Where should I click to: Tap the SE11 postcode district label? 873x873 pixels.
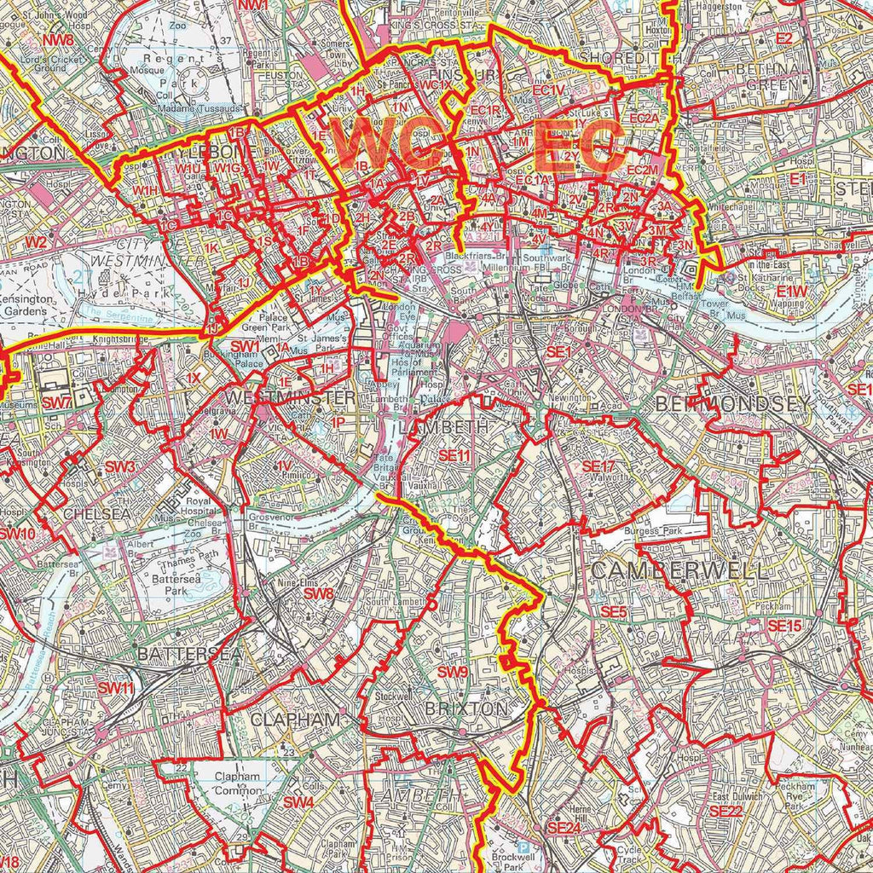pos(454,457)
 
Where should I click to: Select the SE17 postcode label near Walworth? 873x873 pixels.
pos(598,466)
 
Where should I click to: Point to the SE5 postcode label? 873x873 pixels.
pos(613,612)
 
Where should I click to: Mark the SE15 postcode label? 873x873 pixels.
pos(784,626)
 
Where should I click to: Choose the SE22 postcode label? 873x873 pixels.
pos(726,811)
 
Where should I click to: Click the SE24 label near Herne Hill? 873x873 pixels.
pos(564,828)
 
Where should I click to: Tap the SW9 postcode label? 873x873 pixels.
pos(453,673)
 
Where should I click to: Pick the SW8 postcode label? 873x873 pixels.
pos(318,593)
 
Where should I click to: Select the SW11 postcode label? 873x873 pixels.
pos(115,688)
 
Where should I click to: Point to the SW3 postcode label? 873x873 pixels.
pos(120,467)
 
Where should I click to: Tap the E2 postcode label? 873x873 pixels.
pos(783,39)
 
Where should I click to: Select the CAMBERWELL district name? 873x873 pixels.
pos(679,570)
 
